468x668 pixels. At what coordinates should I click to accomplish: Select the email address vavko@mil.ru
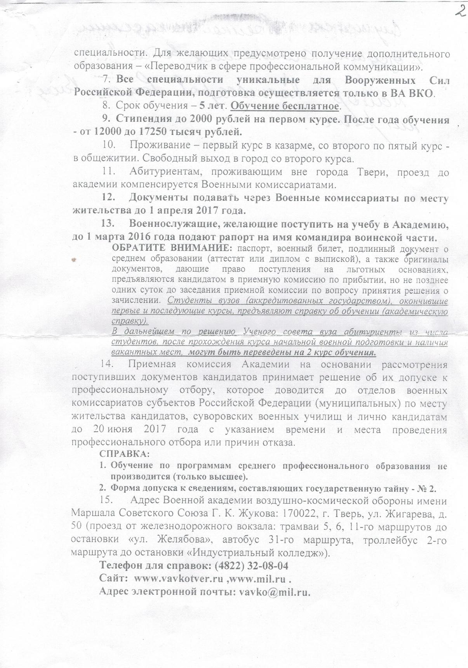click(275, 592)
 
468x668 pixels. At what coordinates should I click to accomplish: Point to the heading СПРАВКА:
click(125, 454)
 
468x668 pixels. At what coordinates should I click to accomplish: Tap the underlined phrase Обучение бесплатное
click(285, 106)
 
